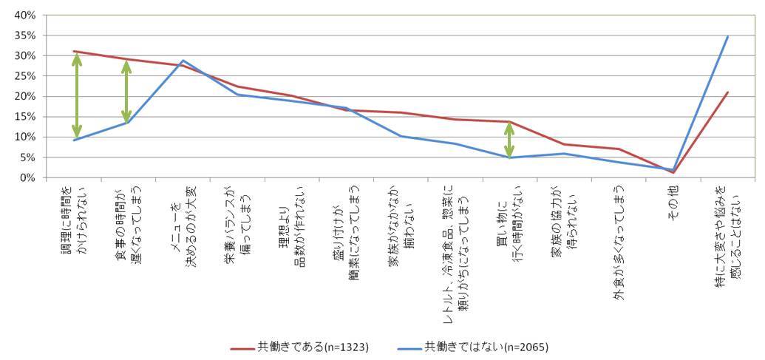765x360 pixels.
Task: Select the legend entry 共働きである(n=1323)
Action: pyautogui.click(x=299, y=345)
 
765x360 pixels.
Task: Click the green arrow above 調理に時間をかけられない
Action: pyautogui.click(x=77, y=95)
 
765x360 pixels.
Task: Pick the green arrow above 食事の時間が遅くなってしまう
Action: pyautogui.click(x=126, y=91)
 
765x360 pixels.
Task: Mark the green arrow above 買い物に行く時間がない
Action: pyautogui.click(x=509, y=140)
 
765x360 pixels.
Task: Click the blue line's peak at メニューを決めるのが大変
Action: pyautogui.click(x=183, y=61)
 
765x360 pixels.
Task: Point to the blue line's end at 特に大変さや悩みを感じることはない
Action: pyautogui.click(x=728, y=36)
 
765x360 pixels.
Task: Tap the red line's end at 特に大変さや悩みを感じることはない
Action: pyautogui.click(x=728, y=92)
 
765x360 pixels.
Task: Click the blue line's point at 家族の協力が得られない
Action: pyautogui.click(x=564, y=154)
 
